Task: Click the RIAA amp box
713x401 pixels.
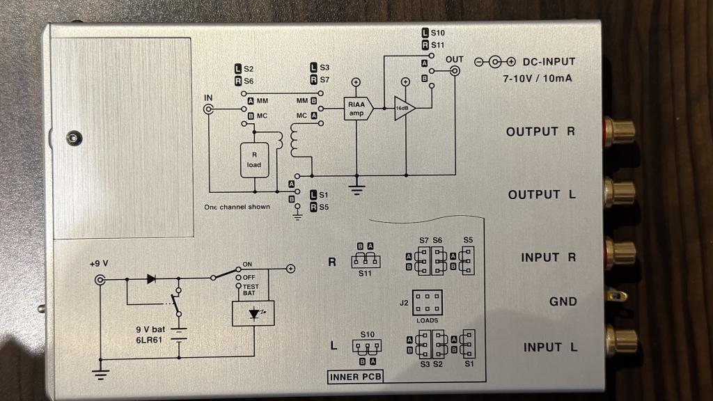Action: click(356, 108)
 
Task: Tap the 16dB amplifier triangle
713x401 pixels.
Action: click(403, 109)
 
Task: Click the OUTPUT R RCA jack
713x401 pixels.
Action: click(619, 130)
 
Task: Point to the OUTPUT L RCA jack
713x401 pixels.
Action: click(619, 191)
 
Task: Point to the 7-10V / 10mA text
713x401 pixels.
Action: click(538, 79)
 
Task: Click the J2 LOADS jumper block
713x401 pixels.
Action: click(428, 303)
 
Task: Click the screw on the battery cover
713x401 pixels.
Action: click(72, 138)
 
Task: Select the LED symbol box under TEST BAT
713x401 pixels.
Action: click(253, 313)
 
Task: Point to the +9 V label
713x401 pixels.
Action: click(101, 265)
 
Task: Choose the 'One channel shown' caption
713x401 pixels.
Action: click(237, 207)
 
